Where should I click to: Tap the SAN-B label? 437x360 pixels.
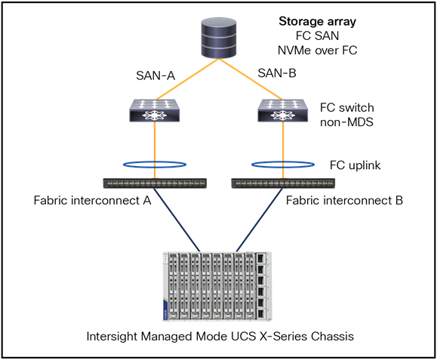(x=276, y=73)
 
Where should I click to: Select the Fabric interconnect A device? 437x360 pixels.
(x=155, y=183)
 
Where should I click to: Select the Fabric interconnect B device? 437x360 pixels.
(x=282, y=183)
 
